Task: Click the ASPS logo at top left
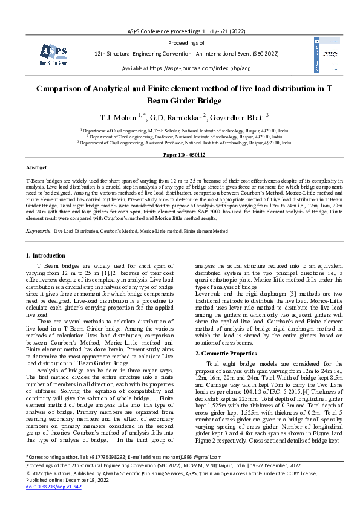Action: (x=53, y=54)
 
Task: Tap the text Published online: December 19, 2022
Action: (x=68, y=496)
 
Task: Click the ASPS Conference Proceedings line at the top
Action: (x=180, y=30)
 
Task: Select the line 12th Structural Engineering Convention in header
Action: (x=180, y=53)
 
